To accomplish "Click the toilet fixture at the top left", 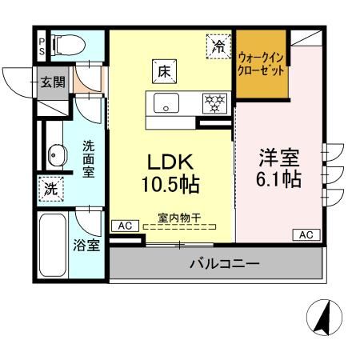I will pyautogui.click(x=64, y=43).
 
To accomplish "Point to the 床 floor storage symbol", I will pyautogui.click(x=162, y=70).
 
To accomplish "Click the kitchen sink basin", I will pyautogui.click(x=166, y=102).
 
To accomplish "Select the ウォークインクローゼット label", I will pyautogui.click(x=262, y=63).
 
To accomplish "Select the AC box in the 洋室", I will pyautogui.click(x=306, y=234).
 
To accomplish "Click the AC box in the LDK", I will pyautogui.click(x=123, y=226).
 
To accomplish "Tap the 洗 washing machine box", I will pyautogui.click(x=50, y=190).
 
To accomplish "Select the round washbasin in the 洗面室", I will pyautogui.click(x=56, y=154).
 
